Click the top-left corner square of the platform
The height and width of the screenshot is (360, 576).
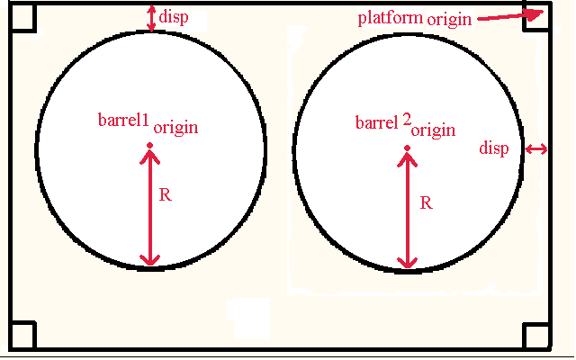click(x=22, y=16)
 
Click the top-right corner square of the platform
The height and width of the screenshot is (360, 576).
click(x=537, y=16)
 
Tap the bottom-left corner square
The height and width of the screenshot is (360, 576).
click(x=22, y=335)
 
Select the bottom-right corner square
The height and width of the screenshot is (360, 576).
click(x=537, y=336)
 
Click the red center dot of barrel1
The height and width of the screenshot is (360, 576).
click(x=149, y=146)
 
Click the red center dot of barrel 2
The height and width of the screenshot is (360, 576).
click(x=407, y=148)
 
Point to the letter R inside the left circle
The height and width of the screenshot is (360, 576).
click(x=166, y=194)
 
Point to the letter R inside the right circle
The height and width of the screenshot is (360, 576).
click(x=426, y=202)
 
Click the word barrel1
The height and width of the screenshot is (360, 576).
click(x=123, y=120)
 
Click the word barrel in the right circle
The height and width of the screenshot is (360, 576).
click(x=377, y=122)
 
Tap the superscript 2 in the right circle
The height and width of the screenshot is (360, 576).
click(x=407, y=120)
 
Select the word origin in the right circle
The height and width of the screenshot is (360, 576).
click(x=434, y=130)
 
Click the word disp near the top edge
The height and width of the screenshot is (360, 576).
click(x=174, y=17)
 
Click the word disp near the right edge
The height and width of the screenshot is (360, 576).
click(x=494, y=148)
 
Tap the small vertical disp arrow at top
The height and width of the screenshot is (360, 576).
click(x=151, y=18)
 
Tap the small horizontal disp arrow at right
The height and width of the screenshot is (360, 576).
click(x=536, y=149)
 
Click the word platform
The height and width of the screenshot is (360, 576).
click(x=391, y=18)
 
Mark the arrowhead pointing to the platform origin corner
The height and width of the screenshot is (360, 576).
click(x=535, y=13)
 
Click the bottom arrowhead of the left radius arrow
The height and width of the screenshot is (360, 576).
click(x=150, y=259)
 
